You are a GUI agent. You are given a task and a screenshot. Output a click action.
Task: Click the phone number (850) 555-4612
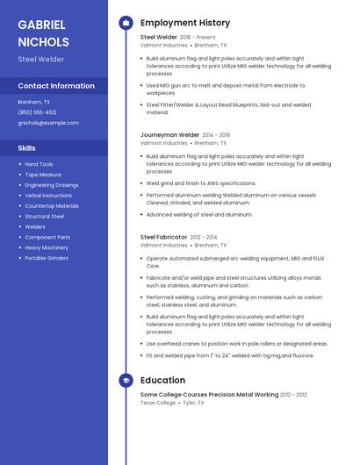37,112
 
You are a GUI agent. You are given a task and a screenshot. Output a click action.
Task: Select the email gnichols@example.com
48,123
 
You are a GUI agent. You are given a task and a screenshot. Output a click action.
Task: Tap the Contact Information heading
56,86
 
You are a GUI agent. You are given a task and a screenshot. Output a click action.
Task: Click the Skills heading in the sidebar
27,148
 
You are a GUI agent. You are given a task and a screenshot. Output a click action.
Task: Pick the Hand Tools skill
39,164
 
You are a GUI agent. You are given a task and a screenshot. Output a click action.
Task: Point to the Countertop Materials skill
52,205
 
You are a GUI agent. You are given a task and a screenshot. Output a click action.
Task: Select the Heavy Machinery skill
47,247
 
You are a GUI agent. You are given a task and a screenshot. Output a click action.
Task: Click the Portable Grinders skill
47,258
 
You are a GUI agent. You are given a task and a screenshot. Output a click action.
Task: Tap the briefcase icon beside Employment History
126,23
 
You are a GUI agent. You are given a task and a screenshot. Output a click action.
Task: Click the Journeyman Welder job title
169,135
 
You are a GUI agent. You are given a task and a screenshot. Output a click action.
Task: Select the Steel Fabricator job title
163,237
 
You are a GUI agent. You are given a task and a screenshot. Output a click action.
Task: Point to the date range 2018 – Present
198,38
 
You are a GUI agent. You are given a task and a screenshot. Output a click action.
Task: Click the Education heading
162,380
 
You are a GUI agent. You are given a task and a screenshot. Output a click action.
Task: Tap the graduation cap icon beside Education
126,380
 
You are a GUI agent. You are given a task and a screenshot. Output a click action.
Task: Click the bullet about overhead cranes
236,344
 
